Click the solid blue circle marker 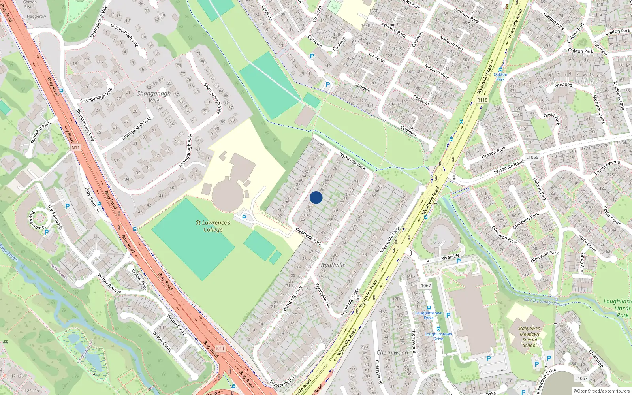coord(316,197)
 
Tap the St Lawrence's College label coord(213,226)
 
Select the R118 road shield coord(482,100)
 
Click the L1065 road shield coord(532,157)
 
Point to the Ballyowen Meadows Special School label coord(530,337)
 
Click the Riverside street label coord(450,257)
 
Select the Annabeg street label coord(563,85)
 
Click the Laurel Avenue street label coord(607,167)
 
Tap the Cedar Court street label coord(611,216)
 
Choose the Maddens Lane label coord(619,96)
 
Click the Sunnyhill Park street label coord(41,132)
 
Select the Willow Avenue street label coord(109,283)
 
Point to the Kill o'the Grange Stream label coord(544,302)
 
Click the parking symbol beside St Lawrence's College coord(244,218)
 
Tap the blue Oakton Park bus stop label coord(500,77)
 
